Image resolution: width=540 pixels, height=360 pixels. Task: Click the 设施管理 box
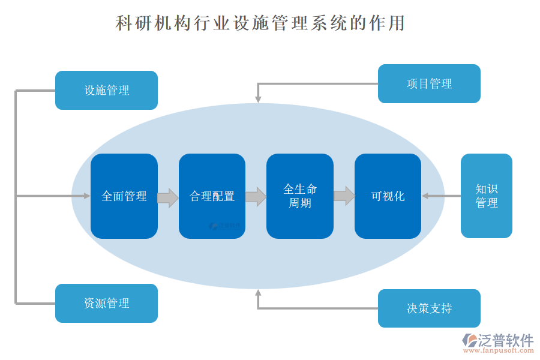click(106, 91)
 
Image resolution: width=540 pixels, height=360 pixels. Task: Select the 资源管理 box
click(106, 303)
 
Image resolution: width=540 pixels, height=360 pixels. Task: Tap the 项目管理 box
click(429, 84)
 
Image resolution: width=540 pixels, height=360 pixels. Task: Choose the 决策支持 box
click(429, 308)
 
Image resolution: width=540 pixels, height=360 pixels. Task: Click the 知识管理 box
click(486, 196)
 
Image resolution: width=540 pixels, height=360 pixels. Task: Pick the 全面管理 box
click(124, 196)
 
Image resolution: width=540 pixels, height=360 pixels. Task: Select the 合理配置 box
click(212, 196)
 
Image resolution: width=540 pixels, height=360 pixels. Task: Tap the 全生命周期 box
click(300, 196)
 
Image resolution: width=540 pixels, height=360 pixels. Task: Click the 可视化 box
click(388, 196)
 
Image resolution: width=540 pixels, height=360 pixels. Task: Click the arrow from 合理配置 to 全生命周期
click(256, 197)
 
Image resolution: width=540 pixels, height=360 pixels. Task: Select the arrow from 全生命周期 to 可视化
click(344, 196)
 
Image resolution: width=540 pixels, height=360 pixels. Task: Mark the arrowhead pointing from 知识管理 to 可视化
click(425, 196)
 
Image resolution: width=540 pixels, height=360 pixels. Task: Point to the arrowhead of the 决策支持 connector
click(258, 293)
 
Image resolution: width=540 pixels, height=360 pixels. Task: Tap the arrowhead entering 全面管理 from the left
click(86, 196)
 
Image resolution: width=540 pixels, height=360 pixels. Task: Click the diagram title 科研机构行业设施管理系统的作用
click(260, 23)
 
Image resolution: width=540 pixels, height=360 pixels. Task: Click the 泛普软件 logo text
click(505, 340)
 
